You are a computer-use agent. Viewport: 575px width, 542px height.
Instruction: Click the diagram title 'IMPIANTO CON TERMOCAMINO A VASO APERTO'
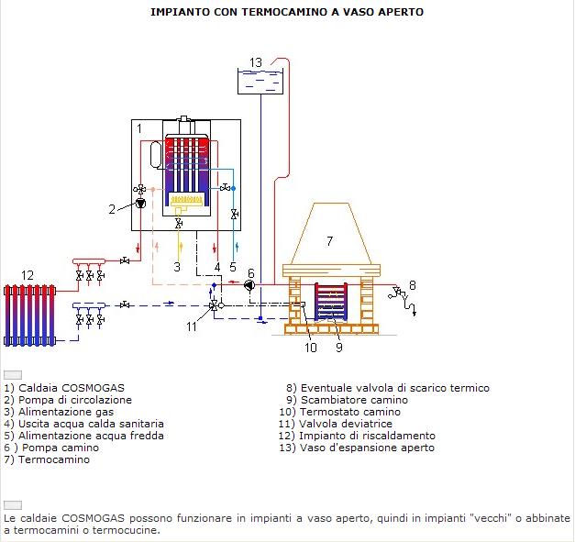[287, 13]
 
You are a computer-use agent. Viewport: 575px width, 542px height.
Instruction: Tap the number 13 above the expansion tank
[256, 62]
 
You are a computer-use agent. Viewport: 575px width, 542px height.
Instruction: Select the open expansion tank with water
[260, 81]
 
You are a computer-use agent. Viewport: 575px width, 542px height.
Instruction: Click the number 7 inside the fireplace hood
[329, 241]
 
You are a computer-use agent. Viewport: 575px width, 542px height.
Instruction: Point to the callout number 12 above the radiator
[28, 275]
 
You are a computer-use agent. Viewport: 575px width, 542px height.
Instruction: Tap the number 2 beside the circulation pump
[112, 209]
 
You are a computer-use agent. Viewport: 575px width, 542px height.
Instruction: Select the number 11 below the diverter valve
[192, 326]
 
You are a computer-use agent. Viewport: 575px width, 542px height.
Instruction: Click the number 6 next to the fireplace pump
[250, 272]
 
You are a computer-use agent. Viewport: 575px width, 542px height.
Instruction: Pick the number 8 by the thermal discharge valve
[412, 285]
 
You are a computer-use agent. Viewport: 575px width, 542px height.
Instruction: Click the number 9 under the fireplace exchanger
[338, 348]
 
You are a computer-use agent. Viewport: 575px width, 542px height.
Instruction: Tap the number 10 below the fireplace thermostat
[311, 348]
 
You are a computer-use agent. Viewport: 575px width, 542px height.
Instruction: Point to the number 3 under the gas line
[177, 267]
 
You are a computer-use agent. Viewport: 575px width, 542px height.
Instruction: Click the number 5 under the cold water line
[233, 267]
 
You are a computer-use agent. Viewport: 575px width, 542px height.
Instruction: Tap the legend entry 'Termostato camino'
[339, 412]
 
